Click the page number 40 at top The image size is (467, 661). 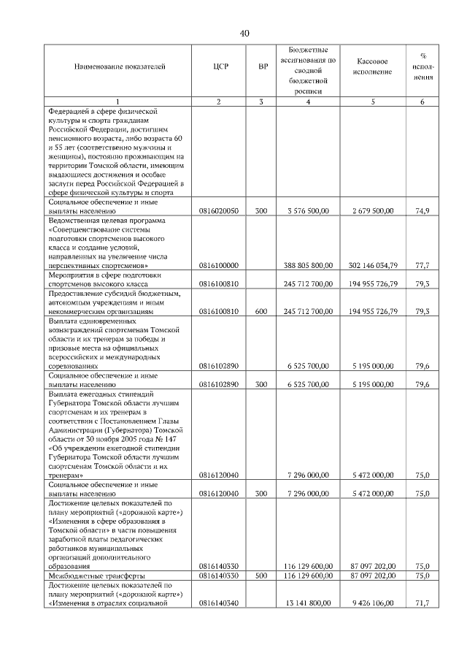click(244, 34)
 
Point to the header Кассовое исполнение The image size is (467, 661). click(373, 67)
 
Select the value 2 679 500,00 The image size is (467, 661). click(373, 210)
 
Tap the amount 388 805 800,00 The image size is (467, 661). click(306, 265)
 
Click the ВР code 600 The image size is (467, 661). click(261, 311)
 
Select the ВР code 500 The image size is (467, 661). click(261, 576)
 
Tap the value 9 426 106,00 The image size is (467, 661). click(373, 603)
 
